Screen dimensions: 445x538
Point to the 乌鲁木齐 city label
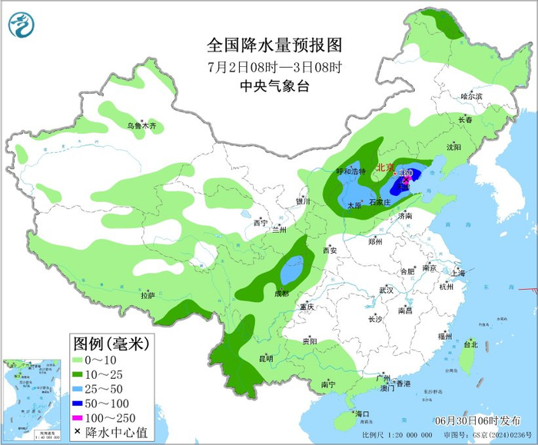(141, 125)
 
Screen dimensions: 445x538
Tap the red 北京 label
(384, 167)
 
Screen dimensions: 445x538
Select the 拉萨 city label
(148, 295)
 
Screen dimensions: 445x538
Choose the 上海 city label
(458, 273)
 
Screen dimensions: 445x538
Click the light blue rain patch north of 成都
(291, 271)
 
